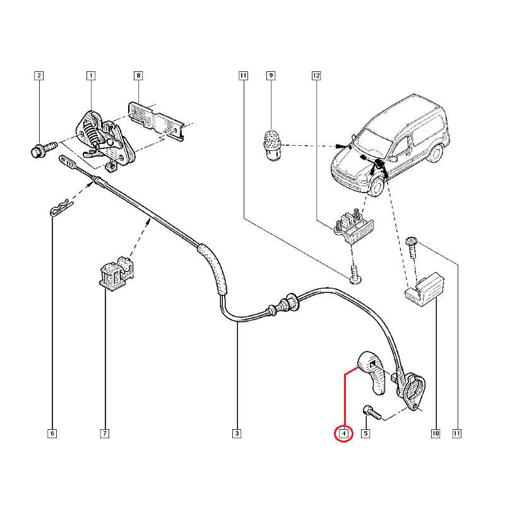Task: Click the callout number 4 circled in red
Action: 343,434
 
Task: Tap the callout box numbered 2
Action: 39,76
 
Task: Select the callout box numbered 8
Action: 138,76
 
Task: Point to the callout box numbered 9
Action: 271,76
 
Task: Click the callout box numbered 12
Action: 316,76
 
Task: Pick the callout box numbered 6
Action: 52,434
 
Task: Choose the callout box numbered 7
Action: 104,434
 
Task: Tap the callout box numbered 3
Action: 237,434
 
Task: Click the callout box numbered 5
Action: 365,434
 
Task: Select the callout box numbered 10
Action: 436,434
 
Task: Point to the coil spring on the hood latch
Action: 93,134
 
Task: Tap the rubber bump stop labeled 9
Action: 271,143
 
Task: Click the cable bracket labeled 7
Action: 114,273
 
